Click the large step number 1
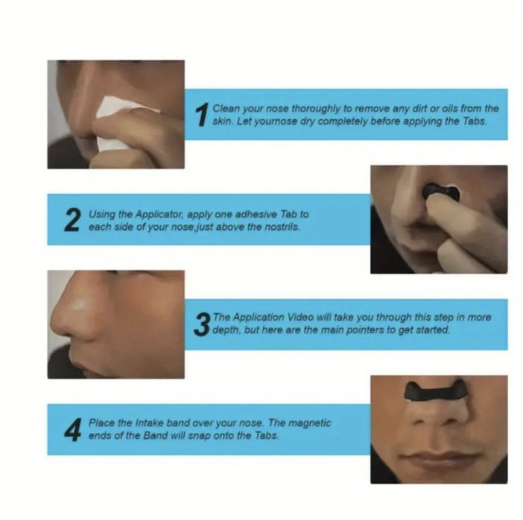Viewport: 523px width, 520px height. (x=202, y=115)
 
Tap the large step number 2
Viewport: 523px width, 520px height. (x=72, y=219)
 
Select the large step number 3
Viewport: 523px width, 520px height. (x=202, y=324)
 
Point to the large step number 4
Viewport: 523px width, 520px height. (x=73, y=430)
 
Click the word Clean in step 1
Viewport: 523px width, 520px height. (x=226, y=109)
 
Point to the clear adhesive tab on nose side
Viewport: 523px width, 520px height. (x=78, y=304)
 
